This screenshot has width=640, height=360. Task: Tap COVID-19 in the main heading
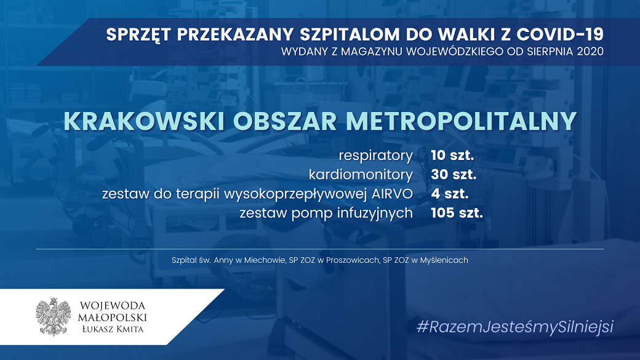[x=560, y=34]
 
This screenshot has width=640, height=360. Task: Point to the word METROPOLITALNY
[x=461, y=121]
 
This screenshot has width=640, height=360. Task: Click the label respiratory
[x=375, y=156]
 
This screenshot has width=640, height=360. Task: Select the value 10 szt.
[x=452, y=155]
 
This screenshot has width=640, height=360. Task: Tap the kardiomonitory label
[x=361, y=175]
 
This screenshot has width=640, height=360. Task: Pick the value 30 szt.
[x=454, y=175]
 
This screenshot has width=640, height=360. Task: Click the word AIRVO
[x=392, y=194]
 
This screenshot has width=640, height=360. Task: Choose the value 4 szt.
[x=449, y=194]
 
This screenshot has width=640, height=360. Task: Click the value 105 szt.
[x=457, y=213]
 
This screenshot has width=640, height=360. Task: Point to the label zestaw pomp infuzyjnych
[x=326, y=214]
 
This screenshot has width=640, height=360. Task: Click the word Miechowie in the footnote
[x=265, y=260]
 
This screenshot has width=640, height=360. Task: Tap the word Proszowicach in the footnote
[x=352, y=260]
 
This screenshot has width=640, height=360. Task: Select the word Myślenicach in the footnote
[x=444, y=260]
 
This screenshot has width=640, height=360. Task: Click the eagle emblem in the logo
[x=54, y=317]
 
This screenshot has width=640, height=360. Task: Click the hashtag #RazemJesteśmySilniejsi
[x=515, y=327]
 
